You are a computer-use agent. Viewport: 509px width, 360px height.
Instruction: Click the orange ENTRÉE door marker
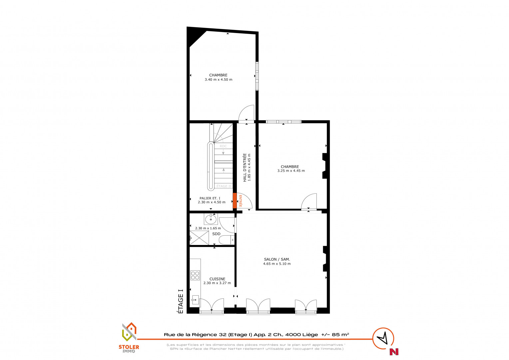(x=235, y=201)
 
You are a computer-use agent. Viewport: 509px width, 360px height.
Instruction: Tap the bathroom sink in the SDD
(x=211, y=219)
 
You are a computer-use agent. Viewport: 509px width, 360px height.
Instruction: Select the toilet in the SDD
(x=226, y=240)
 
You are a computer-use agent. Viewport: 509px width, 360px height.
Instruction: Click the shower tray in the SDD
(x=199, y=238)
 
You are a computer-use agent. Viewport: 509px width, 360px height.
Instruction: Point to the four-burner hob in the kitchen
(x=195, y=275)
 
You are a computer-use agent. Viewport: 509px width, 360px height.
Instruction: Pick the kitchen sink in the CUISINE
(x=195, y=300)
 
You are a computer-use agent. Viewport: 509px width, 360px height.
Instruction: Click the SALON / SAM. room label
(x=277, y=259)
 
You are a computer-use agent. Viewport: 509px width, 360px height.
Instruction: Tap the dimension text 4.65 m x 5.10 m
(x=277, y=264)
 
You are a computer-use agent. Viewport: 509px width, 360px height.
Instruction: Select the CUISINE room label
(x=218, y=279)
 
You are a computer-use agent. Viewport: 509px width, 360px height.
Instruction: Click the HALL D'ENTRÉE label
(x=245, y=168)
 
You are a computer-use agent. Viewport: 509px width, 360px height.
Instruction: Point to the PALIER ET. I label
(x=210, y=198)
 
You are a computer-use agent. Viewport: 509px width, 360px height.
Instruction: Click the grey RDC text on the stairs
(x=223, y=146)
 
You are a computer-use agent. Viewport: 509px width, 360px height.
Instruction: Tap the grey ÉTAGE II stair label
(x=224, y=186)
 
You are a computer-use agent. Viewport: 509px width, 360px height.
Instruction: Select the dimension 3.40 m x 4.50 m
(x=219, y=80)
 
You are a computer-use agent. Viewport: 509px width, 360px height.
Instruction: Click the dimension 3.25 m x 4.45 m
(x=291, y=171)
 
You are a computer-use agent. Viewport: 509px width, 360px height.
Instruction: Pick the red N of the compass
(x=394, y=352)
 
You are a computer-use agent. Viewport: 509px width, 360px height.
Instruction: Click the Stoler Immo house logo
(x=129, y=332)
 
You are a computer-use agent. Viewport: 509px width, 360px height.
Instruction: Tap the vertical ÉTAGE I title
(x=181, y=301)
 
